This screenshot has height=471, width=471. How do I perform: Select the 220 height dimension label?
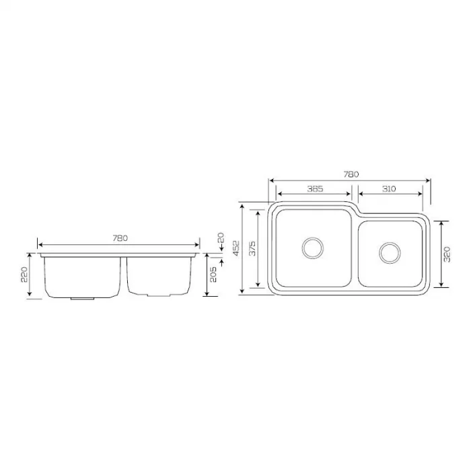(24, 275)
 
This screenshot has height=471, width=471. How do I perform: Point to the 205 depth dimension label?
(215, 276)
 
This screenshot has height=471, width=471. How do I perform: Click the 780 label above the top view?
(351, 174)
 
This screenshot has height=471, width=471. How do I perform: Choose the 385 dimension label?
(315, 189)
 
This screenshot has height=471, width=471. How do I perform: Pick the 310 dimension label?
(389, 189)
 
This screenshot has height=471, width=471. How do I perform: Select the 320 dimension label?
(447, 253)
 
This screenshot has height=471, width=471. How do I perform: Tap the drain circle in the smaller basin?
(389, 253)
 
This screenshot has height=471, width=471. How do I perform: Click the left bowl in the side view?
(83, 276)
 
